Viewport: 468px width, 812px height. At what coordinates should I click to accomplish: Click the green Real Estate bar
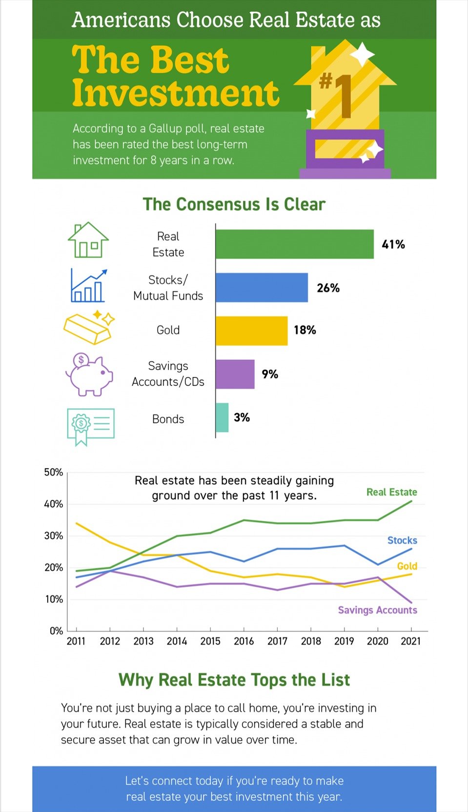coord(294,244)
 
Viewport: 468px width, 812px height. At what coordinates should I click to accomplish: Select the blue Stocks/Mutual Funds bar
coord(262,288)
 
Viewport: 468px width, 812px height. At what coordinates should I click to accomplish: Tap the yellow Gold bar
coord(251,331)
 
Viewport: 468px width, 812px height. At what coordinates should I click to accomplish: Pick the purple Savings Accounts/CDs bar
coord(235,374)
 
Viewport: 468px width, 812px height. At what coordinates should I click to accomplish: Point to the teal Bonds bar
coord(222,417)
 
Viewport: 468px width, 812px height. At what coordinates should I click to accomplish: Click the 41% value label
coord(393,245)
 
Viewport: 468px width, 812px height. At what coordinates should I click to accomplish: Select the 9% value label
coord(270,375)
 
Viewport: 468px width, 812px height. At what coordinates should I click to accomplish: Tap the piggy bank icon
coord(89,375)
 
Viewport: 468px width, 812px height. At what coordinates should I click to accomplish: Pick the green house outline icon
coord(88,240)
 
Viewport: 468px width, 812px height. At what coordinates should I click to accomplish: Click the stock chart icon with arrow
coord(88,286)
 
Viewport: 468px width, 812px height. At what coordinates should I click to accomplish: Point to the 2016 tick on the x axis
coord(244,641)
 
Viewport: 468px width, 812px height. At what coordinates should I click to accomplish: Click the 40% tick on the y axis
coord(54,504)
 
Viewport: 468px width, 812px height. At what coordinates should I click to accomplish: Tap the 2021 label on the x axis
coord(410,641)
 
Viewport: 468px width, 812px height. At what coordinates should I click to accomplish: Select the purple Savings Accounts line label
coord(377,610)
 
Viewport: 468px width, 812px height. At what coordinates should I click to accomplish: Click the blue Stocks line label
coord(402,541)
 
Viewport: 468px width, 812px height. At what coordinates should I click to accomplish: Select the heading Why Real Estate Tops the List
coord(234,680)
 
